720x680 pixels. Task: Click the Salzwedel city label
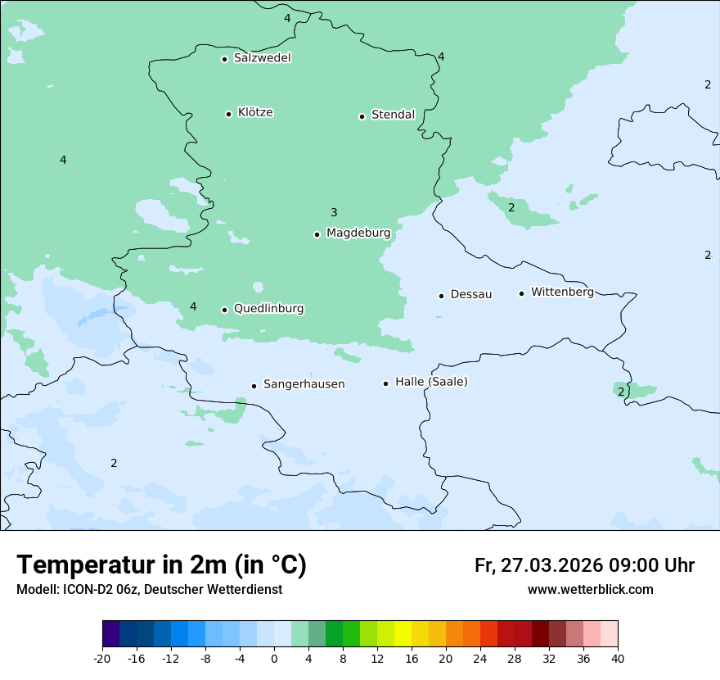(262, 58)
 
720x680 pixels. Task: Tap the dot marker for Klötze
(228, 114)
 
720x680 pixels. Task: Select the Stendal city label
(393, 115)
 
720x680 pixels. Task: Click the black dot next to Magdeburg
(317, 234)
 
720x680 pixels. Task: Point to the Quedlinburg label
(268, 309)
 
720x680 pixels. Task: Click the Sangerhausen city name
(304, 384)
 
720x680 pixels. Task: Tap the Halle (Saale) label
(431, 382)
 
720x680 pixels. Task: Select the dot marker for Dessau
(441, 296)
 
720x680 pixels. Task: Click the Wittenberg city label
(562, 292)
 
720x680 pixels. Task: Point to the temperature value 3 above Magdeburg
(334, 213)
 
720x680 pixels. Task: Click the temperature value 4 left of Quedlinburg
(193, 307)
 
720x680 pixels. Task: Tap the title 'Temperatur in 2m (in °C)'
(161, 564)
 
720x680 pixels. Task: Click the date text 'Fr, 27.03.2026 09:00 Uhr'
(584, 565)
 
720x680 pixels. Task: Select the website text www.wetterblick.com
(590, 589)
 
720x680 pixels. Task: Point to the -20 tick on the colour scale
(102, 659)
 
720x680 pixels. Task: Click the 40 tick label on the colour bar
(618, 659)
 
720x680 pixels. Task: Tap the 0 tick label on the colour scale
(274, 659)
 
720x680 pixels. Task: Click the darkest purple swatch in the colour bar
(110, 634)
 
